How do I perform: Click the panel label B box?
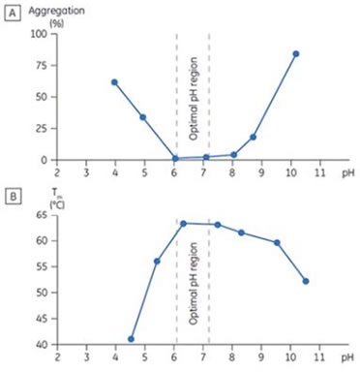click(13, 195)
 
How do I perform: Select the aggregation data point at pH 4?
click(114, 82)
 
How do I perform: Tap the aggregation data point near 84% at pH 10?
click(295, 54)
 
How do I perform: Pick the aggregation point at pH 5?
click(142, 117)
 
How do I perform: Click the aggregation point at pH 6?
click(174, 158)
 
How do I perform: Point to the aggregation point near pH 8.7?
click(253, 137)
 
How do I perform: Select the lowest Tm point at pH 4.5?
click(131, 339)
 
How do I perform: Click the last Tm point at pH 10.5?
click(306, 281)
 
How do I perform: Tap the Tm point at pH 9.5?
click(277, 242)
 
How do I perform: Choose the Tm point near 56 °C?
click(157, 262)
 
